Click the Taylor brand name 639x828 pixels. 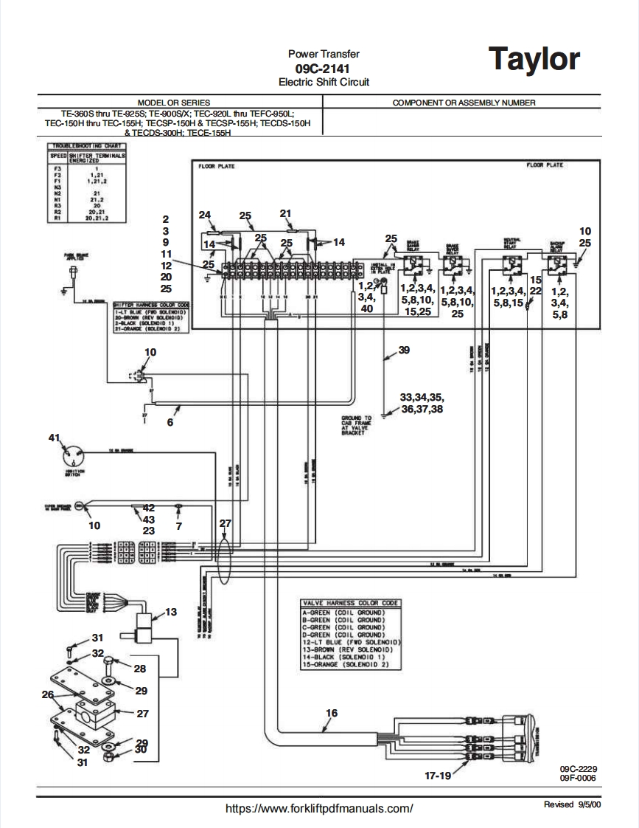pos(535,59)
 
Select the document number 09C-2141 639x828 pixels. pos(324,68)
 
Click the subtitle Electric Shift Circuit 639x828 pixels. pos(324,82)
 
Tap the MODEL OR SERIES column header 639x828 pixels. pos(174,103)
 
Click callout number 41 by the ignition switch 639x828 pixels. pos(53,438)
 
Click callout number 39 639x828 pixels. pos(403,351)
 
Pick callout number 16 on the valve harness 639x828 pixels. pos(332,712)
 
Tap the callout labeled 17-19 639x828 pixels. pos(439,775)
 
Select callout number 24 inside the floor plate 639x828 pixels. pos(205,215)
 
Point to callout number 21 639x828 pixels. pos(286,213)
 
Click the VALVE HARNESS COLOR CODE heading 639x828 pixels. pos(351,603)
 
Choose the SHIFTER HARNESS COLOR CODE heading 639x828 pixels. pos(151,304)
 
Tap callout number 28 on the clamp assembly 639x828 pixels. pos(139,669)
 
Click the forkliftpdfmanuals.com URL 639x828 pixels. pos(319,808)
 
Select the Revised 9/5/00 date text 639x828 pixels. pos(572,804)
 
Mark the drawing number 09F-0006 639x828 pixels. pos(577,778)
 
